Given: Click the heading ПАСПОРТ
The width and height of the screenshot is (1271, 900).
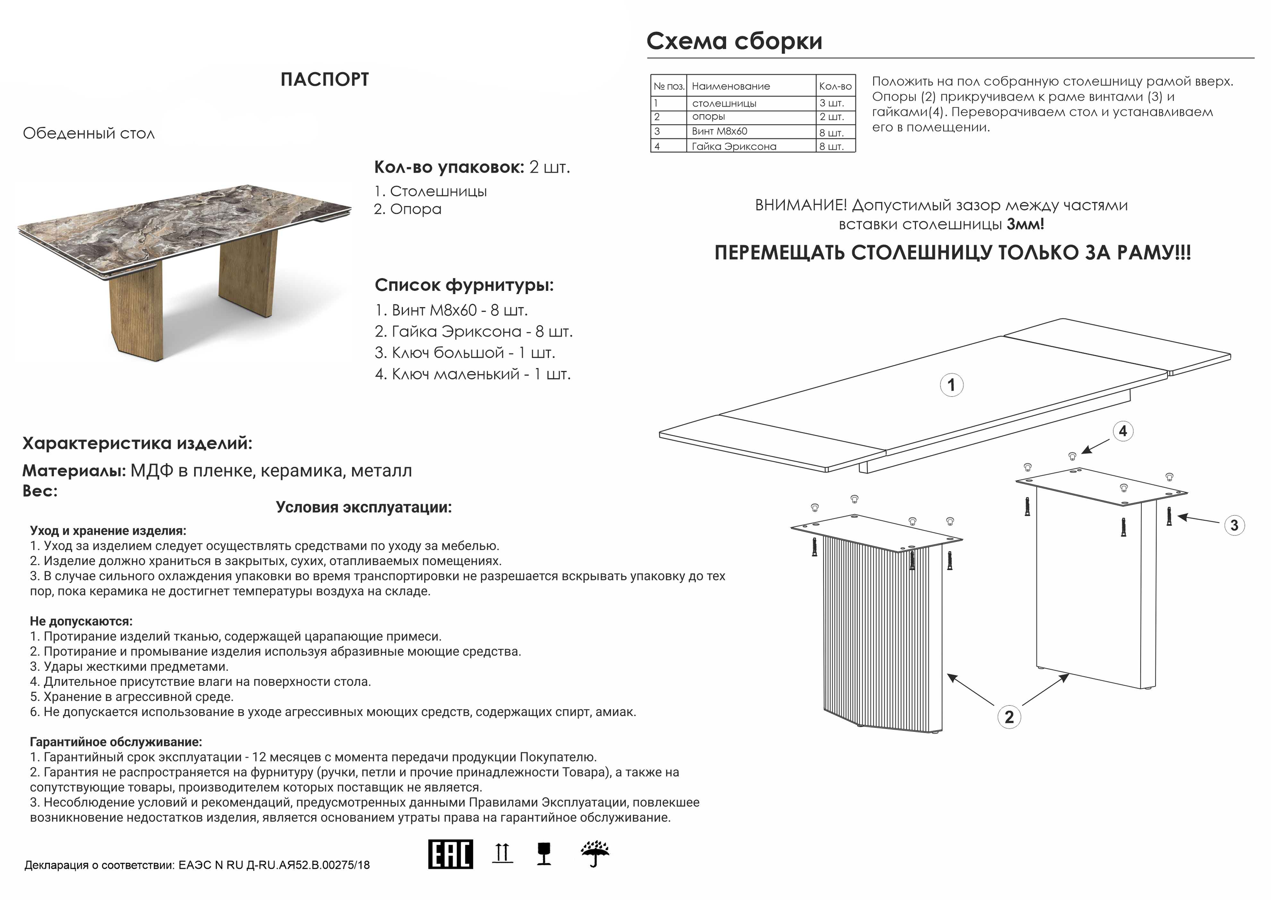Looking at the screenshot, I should pyautogui.click(x=324, y=80).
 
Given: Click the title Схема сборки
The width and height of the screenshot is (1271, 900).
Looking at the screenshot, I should pyautogui.click(x=734, y=41).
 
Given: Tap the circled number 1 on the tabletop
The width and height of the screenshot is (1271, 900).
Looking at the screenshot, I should pyautogui.click(x=951, y=385).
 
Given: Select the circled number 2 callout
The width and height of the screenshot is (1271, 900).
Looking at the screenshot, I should pyautogui.click(x=1009, y=717).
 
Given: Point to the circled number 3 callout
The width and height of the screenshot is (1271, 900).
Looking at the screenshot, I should pyautogui.click(x=1234, y=525).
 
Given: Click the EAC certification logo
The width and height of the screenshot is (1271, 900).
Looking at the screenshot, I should pyautogui.click(x=450, y=854).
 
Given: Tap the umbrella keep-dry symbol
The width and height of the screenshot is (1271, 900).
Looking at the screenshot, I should pyautogui.click(x=595, y=854).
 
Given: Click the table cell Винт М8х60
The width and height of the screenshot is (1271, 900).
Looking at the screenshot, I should pyautogui.click(x=719, y=131).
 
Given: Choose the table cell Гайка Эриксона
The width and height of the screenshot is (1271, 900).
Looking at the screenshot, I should pyautogui.click(x=734, y=146).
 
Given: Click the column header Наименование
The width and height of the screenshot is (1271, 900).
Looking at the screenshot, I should pyautogui.click(x=731, y=86).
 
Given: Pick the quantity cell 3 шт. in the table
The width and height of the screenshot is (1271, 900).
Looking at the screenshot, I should pyautogui.click(x=832, y=103).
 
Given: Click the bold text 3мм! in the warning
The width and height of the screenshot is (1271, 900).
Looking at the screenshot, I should pyautogui.click(x=1025, y=224).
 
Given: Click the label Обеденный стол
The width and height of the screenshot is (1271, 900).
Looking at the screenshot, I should pyautogui.click(x=89, y=134).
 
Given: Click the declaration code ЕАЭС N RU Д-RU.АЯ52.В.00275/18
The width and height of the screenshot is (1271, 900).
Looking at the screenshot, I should pyautogui.click(x=274, y=865).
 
